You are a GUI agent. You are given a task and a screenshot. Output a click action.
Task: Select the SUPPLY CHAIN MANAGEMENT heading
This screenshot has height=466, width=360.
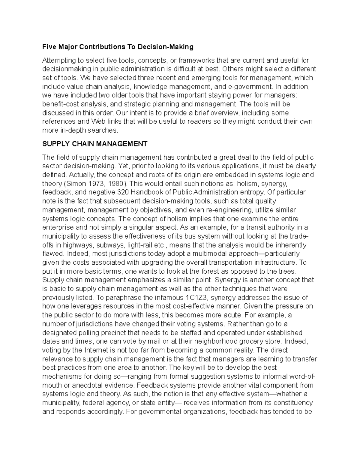(95, 144)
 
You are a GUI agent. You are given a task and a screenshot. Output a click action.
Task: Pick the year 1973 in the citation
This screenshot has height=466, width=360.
(89, 183)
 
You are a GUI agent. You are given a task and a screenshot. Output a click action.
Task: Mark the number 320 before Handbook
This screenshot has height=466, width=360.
(124, 192)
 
